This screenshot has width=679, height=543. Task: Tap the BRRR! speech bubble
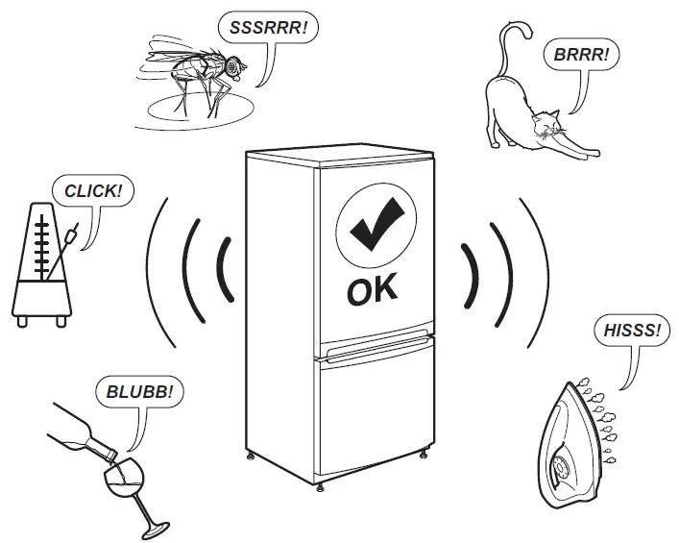[x=581, y=55]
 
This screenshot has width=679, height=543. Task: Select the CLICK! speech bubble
[x=92, y=191]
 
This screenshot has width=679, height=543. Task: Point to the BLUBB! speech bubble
[x=140, y=392]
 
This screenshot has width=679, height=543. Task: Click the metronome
[x=41, y=265]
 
